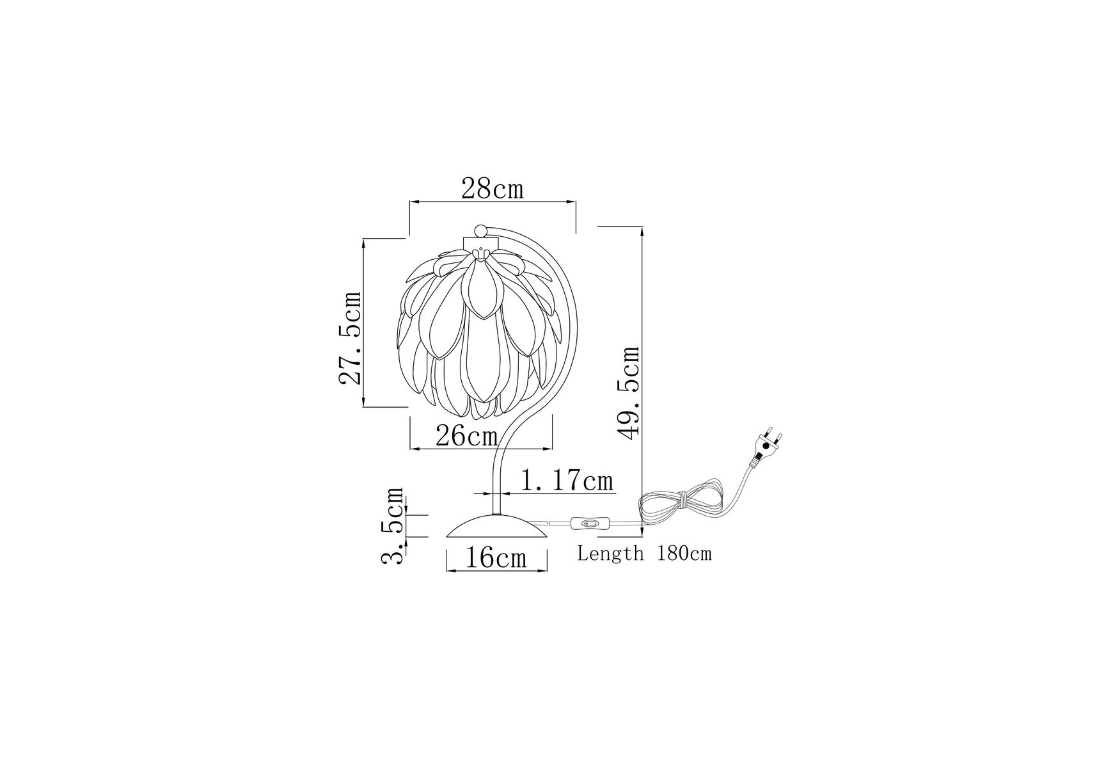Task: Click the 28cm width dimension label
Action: [x=492, y=189]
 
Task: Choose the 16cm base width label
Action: [x=496, y=557]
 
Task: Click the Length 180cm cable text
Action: [x=644, y=553]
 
